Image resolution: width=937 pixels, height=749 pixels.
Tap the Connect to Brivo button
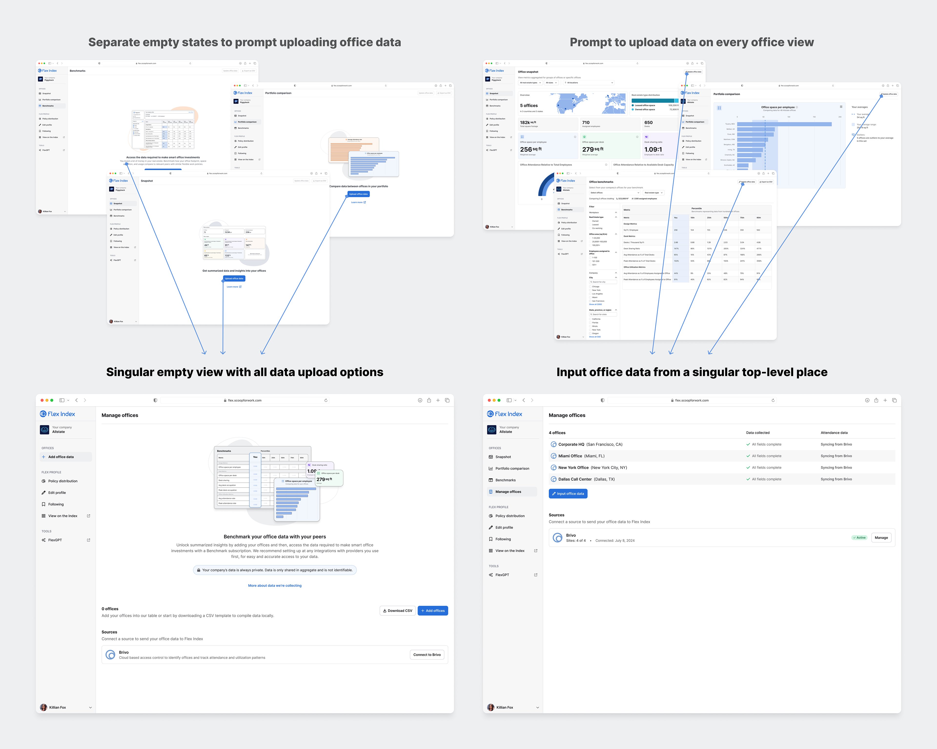pyautogui.click(x=427, y=655)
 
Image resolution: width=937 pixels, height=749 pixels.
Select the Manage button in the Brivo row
pyautogui.click(x=881, y=537)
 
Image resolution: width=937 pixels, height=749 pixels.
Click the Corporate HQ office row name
pyautogui.click(x=571, y=444)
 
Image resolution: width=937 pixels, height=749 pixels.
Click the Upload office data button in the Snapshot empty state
pyautogui.click(x=234, y=279)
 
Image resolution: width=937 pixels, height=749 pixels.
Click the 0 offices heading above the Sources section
pyautogui.click(x=110, y=609)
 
